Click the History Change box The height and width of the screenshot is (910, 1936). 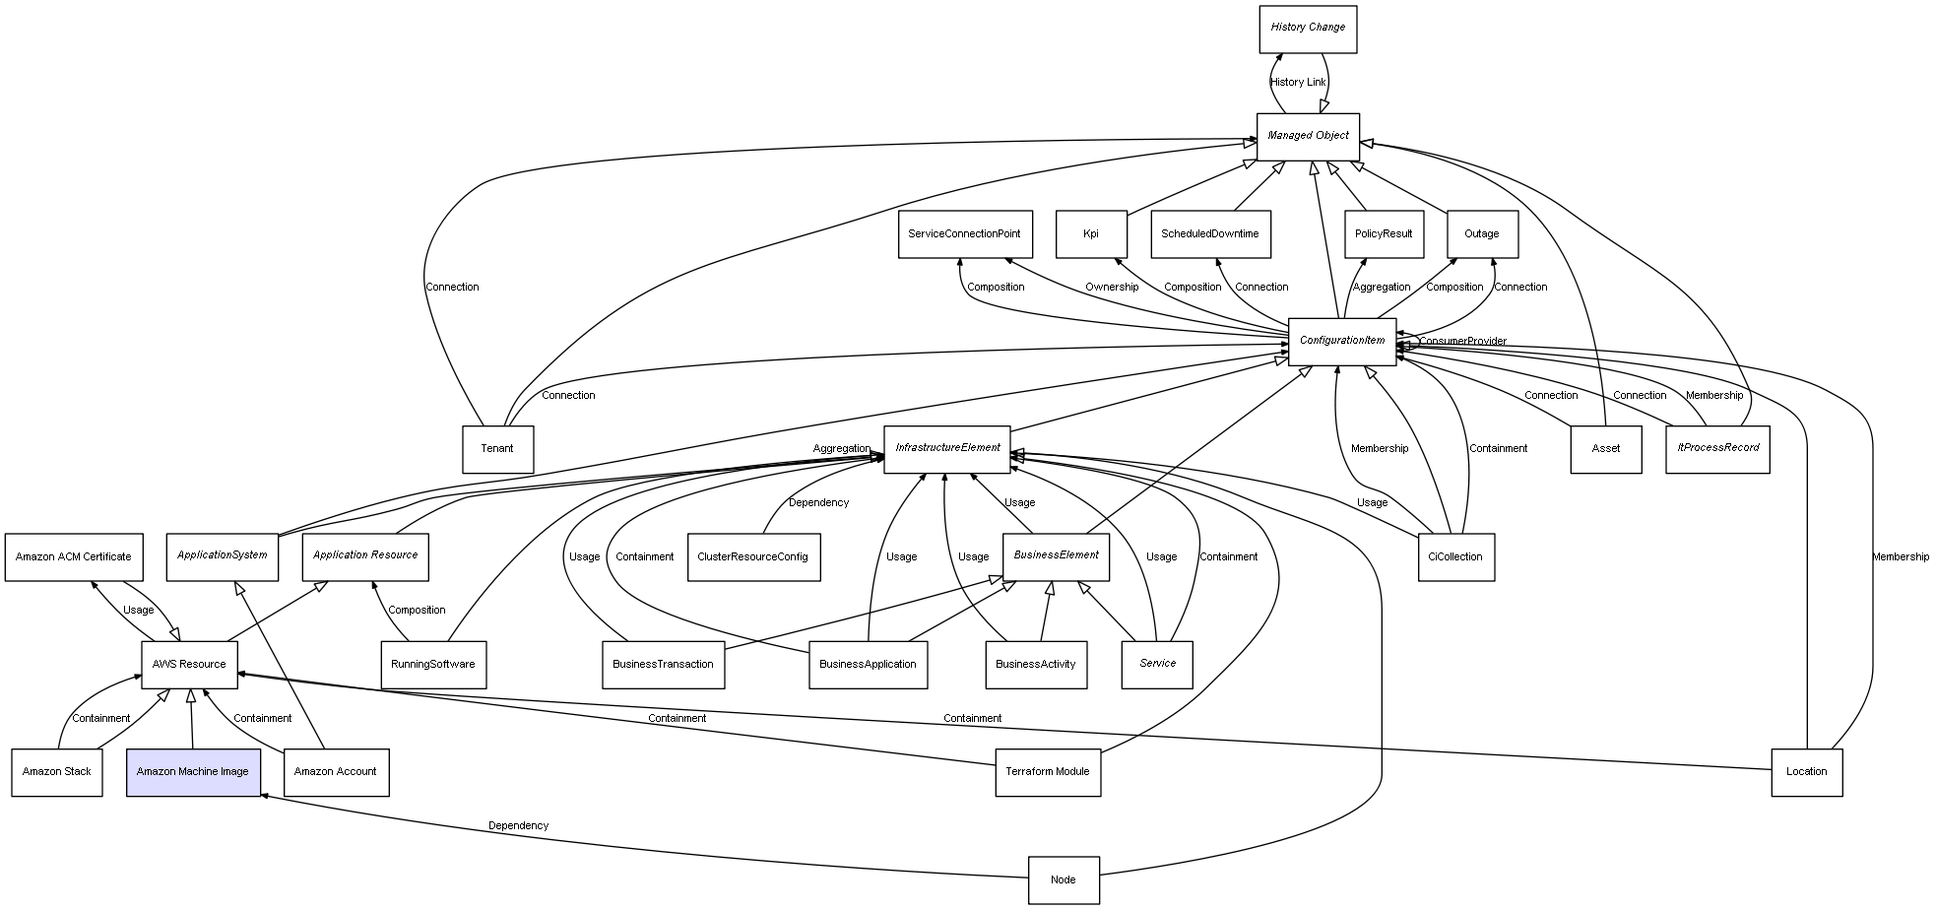(1308, 29)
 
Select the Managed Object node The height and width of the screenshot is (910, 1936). (1308, 136)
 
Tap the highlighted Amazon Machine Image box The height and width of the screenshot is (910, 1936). (193, 772)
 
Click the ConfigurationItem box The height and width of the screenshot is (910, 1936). (1342, 341)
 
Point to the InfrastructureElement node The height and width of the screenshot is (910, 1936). (947, 448)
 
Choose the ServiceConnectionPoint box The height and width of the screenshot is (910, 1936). (964, 234)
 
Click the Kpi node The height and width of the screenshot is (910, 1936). (1091, 234)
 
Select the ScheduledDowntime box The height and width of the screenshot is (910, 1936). (1209, 234)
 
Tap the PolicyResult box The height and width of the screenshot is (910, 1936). (1384, 234)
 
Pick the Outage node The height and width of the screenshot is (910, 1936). (1482, 234)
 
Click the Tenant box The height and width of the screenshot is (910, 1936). (497, 449)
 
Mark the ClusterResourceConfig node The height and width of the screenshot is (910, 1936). (753, 556)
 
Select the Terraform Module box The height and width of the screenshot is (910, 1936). (1048, 772)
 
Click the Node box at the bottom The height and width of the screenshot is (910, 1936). (1064, 879)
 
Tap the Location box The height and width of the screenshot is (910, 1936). (1807, 772)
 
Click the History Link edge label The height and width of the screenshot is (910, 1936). (1298, 83)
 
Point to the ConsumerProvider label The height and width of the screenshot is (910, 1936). (1462, 342)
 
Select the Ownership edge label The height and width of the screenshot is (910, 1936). (1112, 288)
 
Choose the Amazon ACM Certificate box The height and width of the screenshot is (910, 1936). (74, 556)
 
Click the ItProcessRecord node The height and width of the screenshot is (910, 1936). (1717, 448)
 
